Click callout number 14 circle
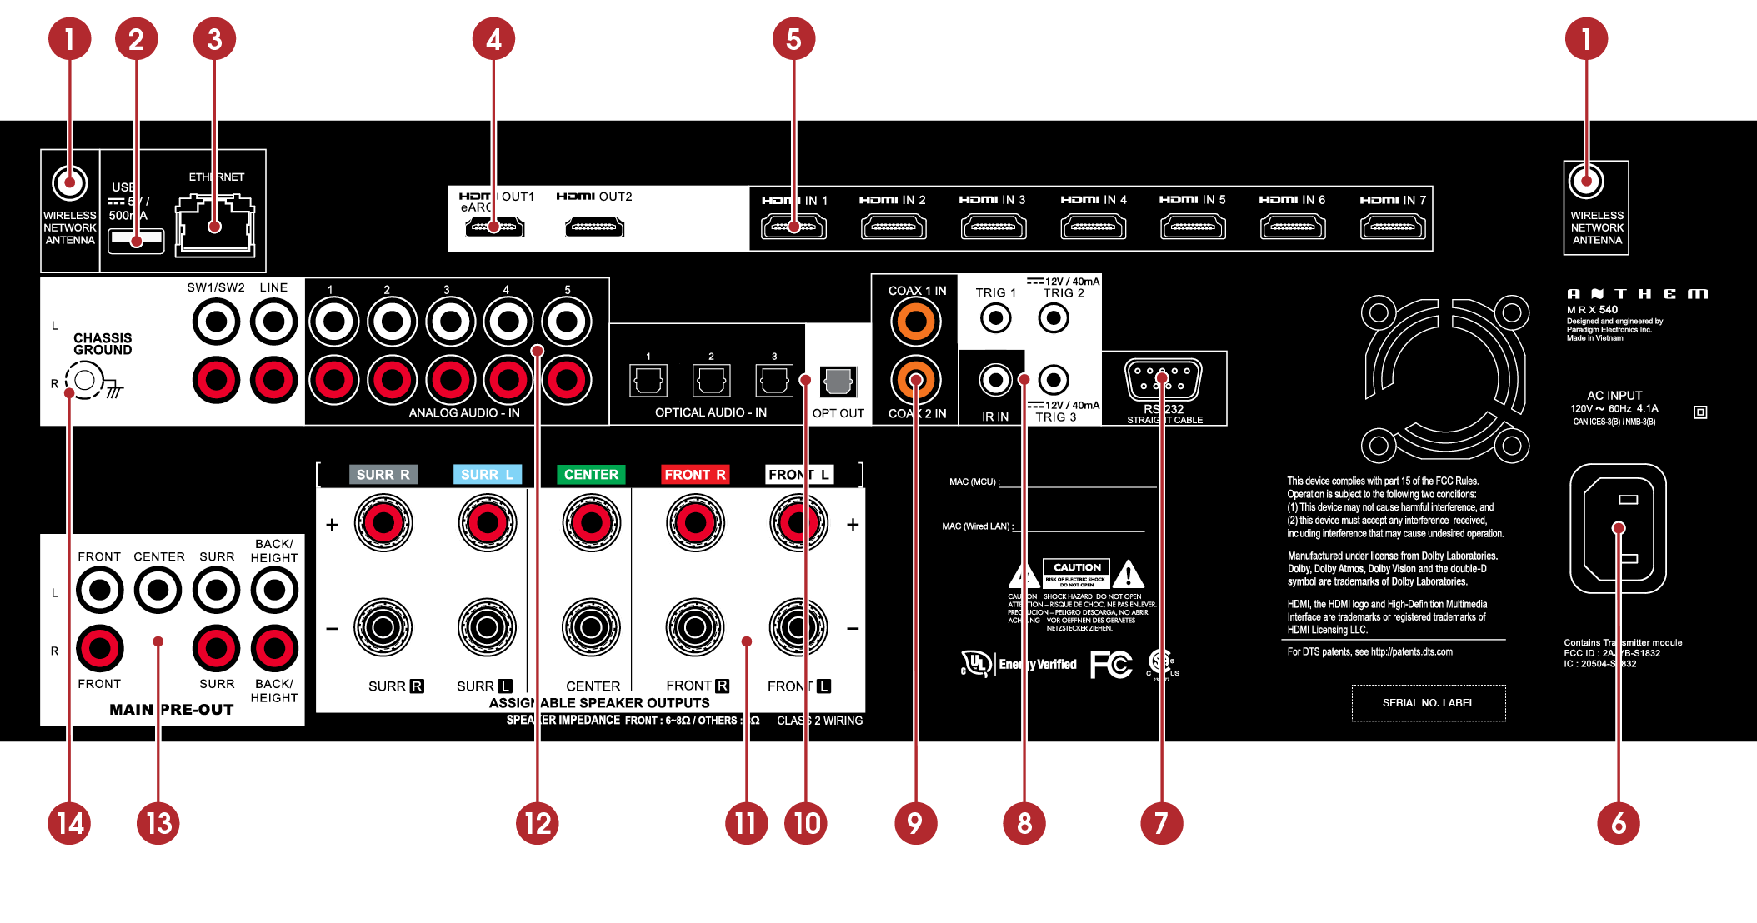coord(69,823)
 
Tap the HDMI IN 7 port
coord(1393,227)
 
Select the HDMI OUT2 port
coord(594,227)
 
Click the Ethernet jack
coord(214,224)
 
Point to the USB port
coord(136,240)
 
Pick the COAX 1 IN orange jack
coord(915,322)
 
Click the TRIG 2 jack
coord(1054,317)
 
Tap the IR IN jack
coord(995,380)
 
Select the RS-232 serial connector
coord(1163,381)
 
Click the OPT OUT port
coord(838,382)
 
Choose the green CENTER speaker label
coord(591,474)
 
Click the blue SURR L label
coord(487,474)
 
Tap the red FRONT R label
coord(695,474)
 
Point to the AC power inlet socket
coord(1618,528)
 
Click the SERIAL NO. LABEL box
coord(1428,703)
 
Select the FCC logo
coord(1111,664)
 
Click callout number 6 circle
coord(1618,823)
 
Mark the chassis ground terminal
coord(84,382)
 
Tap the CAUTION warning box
coord(1076,573)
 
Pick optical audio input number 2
coord(711,381)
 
